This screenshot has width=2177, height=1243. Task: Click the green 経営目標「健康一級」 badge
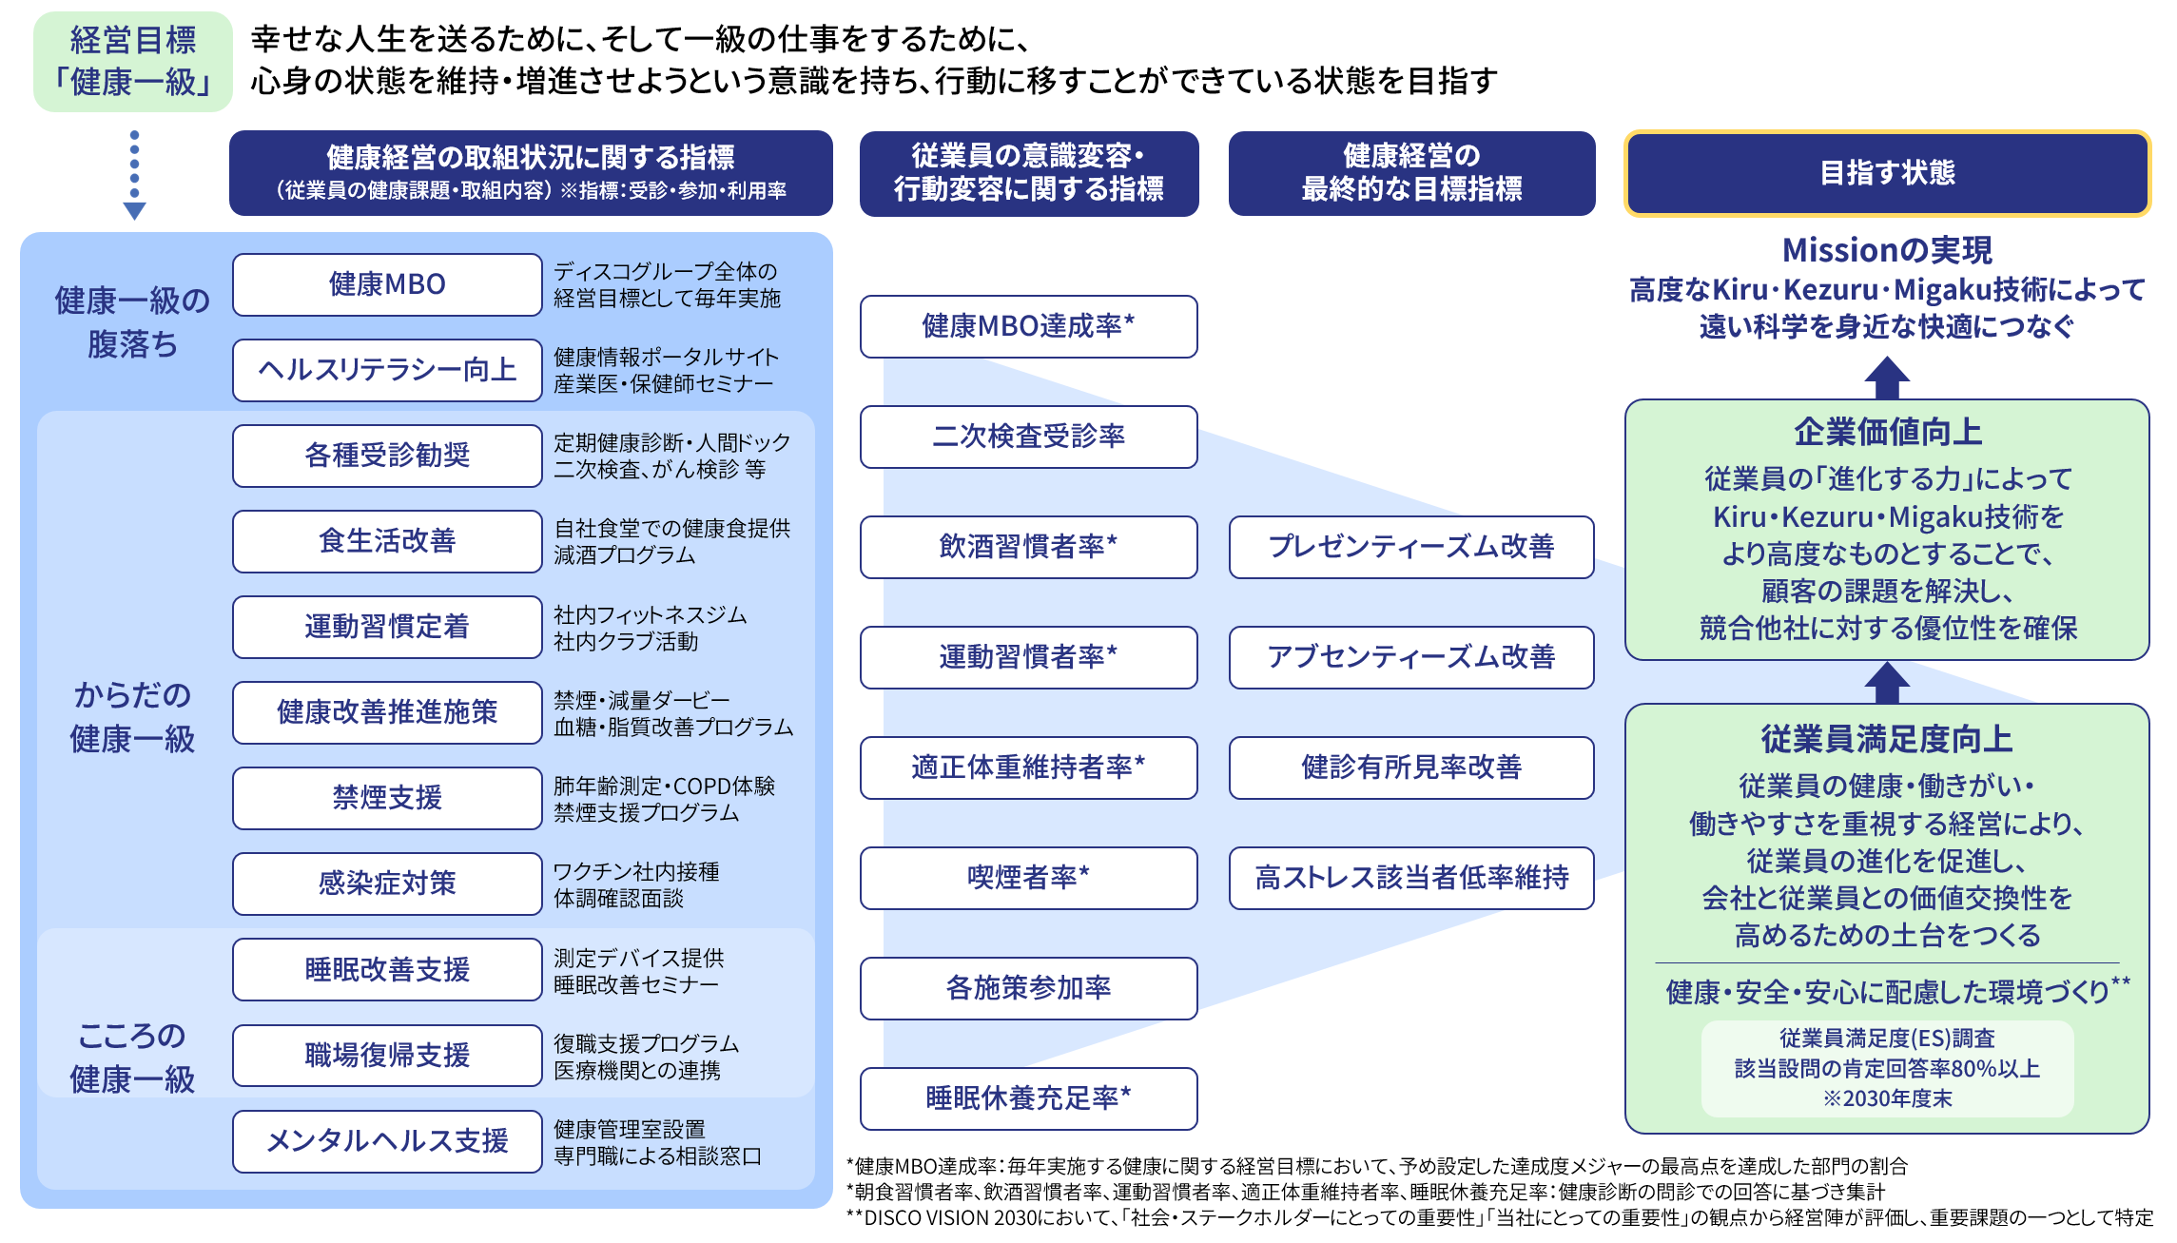point(132,61)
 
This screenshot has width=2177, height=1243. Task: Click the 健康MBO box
point(387,284)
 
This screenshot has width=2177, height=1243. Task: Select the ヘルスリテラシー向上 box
point(387,370)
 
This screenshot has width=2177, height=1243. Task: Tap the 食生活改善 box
point(387,541)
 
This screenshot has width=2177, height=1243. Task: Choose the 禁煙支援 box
point(387,798)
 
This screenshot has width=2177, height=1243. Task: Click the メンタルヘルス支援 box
point(387,1140)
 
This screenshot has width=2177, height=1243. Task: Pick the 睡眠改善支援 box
point(387,969)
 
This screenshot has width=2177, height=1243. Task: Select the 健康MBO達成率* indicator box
point(1028,326)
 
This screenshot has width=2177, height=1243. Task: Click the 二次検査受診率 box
point(1028,437)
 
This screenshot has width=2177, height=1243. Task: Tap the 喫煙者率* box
point(1028,878)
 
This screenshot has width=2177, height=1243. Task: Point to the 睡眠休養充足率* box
point(1028,1098)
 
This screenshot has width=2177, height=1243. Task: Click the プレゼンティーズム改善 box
point(1410,547)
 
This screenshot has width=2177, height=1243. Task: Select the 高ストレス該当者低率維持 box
point(1410,878)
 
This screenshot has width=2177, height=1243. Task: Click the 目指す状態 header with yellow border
point(1887,173)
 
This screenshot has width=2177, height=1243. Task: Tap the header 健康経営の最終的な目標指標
point(1411,173)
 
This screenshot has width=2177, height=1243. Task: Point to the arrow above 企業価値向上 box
point(1887,378)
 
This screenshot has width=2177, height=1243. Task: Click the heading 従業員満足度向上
point(1887,739)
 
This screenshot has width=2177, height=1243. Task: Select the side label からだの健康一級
point(132,716)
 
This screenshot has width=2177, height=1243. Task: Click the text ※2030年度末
point(1887,1098)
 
